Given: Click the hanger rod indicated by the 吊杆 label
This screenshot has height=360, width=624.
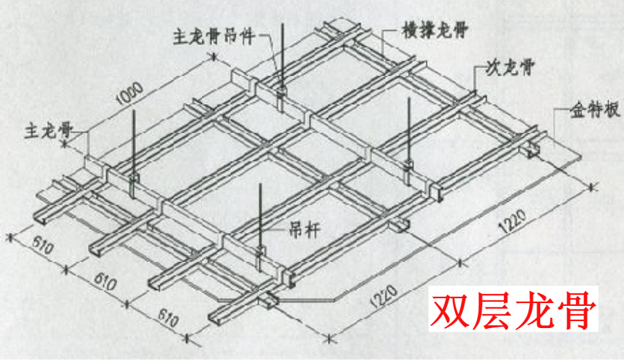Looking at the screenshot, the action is [x=260, y=215].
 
